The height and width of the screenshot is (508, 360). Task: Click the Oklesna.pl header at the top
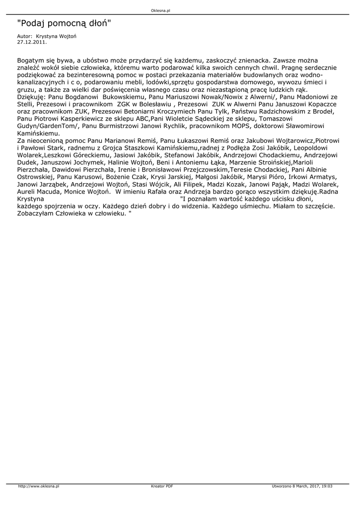pyautogui.click(x=161, y=10)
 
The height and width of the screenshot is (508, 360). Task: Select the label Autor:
pyautogui.click(x=24, y=37)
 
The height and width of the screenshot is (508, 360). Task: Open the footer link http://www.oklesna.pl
pyautogui.click(x=39, y=487)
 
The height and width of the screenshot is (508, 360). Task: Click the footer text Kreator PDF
pyautogui.click(x=162, y=487)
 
